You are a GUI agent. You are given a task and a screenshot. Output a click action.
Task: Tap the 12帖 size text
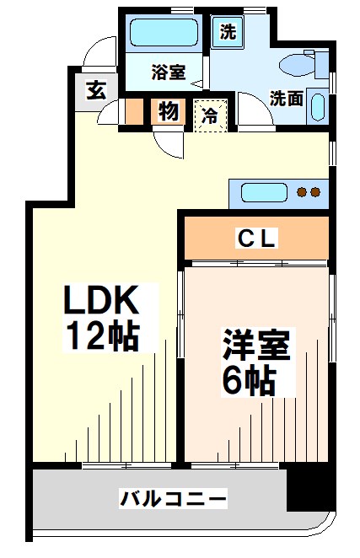click(x=104, y=336)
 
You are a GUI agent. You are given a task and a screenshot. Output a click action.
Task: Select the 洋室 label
click(x=256, y=347)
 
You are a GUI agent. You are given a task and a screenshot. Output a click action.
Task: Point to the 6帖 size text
click(x=249, y=381)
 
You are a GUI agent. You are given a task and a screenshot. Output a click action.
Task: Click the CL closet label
click(x=256, y=239)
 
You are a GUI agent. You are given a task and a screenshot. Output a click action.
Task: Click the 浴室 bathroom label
click(x=168, y=72)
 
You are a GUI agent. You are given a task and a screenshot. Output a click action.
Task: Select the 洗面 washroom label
click(x=287, y=97)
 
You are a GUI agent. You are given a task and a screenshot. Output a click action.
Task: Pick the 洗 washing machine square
click(x=228, y=33)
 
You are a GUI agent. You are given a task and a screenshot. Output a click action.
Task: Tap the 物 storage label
click(x=168, y=111)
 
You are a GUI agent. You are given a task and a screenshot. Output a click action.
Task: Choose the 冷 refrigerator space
click(x=209, y=114)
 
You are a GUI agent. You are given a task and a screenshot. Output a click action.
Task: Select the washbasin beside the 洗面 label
click(x=317, y=107)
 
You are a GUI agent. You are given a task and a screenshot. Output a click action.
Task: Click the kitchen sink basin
click(x=263, y=192)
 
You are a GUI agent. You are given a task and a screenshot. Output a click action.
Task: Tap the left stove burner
click(x=302, y=193)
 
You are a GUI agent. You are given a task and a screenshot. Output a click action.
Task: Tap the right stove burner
click(x=315, y=193)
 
